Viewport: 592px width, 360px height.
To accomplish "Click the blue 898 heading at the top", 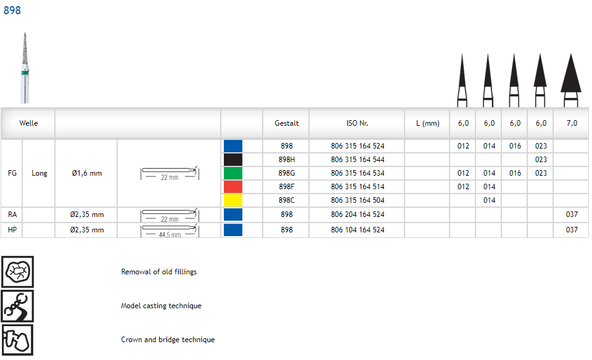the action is coord(12,10).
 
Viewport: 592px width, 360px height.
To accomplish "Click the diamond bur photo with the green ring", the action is coord(25,68).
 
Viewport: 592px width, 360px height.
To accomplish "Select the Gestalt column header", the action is coord(287,123).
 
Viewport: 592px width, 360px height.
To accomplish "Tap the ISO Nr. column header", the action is coord(357,123).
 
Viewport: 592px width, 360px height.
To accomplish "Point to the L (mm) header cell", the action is coord(428,123).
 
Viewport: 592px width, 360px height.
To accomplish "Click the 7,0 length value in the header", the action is coord(572,123).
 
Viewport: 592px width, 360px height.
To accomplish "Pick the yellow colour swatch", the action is coord(233,200).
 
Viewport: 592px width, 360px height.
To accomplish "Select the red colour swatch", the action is coord(233,187).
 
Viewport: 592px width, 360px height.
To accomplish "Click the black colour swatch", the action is coord(233,160).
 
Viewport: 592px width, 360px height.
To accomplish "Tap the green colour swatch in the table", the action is coord(233,173).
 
